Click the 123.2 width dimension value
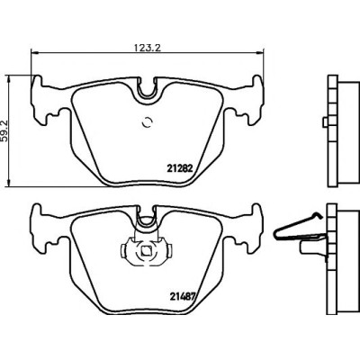(147, 48)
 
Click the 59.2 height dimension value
(4, 130)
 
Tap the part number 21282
(179, 168)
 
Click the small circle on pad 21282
(148, 121)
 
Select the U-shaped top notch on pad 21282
(147, 89)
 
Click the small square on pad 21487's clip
(147, 250)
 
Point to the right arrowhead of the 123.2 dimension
(259, 53)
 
